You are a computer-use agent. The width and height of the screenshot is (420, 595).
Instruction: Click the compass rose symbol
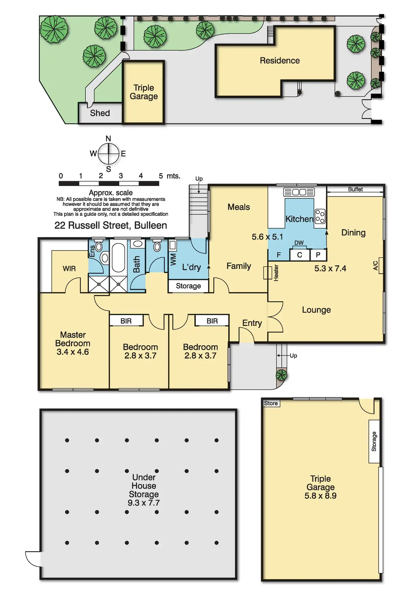tap(108, 154)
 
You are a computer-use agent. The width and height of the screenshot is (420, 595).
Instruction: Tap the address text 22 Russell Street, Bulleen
tap(111, 226)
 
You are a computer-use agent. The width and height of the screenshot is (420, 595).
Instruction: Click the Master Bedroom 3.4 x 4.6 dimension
tap(73, 352)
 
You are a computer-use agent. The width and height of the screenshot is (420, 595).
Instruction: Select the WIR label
tap(69, 269)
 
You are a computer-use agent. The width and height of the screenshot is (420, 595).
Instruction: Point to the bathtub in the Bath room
tap(118, 257)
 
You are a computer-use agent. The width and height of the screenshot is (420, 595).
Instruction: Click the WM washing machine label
tap(173, 260)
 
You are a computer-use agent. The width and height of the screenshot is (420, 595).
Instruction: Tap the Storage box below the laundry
tap(188, 286)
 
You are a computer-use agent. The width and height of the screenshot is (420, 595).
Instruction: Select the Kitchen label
tap(299, 219)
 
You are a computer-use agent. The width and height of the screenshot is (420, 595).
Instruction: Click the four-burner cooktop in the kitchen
tap(320, 216)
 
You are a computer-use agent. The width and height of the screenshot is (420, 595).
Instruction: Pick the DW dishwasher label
tap(299, 243)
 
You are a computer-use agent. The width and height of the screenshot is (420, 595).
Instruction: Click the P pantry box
tap(318, 255)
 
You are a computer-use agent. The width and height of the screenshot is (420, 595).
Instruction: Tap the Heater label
tap(276, 273)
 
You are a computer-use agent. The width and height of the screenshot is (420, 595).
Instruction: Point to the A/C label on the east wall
tap(375, 266)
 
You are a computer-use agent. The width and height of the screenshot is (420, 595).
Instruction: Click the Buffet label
tap(355, 189)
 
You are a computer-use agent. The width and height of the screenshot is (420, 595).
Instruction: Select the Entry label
tap(252, 323)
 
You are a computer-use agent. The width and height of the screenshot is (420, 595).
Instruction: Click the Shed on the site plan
tap(100, 113)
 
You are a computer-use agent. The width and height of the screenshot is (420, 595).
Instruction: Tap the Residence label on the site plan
tap(280, 61)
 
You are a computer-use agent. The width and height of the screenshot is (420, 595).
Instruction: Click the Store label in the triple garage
tap(271, 403)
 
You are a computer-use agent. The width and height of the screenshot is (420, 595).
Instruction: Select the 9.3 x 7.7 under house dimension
tap(144, 503)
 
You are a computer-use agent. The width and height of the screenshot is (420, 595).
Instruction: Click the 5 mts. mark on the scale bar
tap(169, 176)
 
